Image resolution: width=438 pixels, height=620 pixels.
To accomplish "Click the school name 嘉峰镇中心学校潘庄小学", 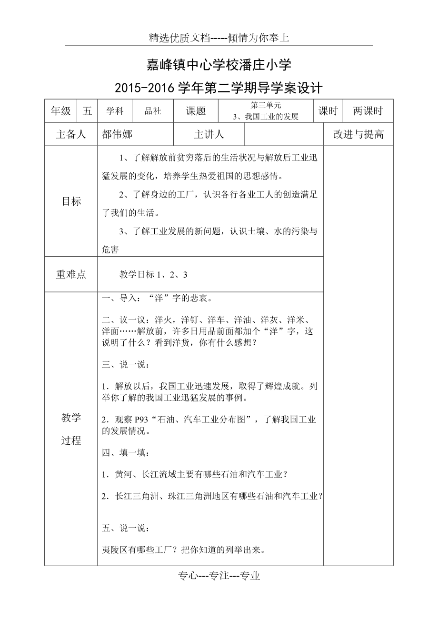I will tap(219, 65).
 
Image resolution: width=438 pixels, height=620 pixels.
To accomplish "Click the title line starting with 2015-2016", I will tap(219, 88).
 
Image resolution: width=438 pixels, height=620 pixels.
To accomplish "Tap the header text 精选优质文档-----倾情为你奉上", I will tap(219, 39).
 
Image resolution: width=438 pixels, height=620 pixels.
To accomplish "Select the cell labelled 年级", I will tap(61, 111).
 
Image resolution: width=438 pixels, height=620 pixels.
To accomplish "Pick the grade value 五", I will tap(87, 111).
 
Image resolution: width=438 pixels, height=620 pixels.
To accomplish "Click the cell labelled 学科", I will tap(115, 111).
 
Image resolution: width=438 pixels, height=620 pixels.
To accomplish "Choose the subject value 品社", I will tap(153, 111).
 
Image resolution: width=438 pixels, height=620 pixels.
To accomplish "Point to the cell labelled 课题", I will tap(196, 111).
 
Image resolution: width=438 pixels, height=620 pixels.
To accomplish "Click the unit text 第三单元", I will tap(266, 106).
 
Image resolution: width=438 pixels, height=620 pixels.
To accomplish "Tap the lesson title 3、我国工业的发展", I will tap(266, 117).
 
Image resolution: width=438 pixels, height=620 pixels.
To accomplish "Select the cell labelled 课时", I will tap(328, 111).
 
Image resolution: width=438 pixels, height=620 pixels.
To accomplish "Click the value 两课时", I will tap(368, 111).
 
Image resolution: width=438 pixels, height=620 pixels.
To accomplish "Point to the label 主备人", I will tap(71, 135).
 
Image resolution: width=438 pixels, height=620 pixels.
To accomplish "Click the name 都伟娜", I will tap(117, 135).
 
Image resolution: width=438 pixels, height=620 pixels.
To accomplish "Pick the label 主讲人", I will tap(209, 135).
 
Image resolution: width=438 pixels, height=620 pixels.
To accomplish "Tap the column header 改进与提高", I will tap(358, 135).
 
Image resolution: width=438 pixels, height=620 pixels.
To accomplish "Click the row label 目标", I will tap(71, 201).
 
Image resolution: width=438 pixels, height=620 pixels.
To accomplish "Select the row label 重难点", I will tap(71, 274).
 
